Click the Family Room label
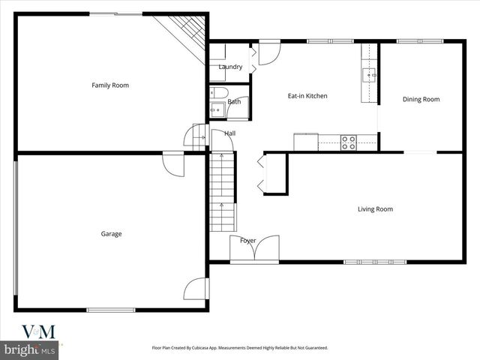coord(110,85)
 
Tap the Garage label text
coord(111,234)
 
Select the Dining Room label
coord(421,99)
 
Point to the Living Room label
coord(375,209)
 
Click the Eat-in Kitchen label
coord(307,96)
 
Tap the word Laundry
coord(230,67)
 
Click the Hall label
coord(229,133)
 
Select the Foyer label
coord(247,241)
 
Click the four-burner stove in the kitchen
coord(349,142)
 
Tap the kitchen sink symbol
coord(370,74)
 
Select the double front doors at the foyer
coord(255,249)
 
